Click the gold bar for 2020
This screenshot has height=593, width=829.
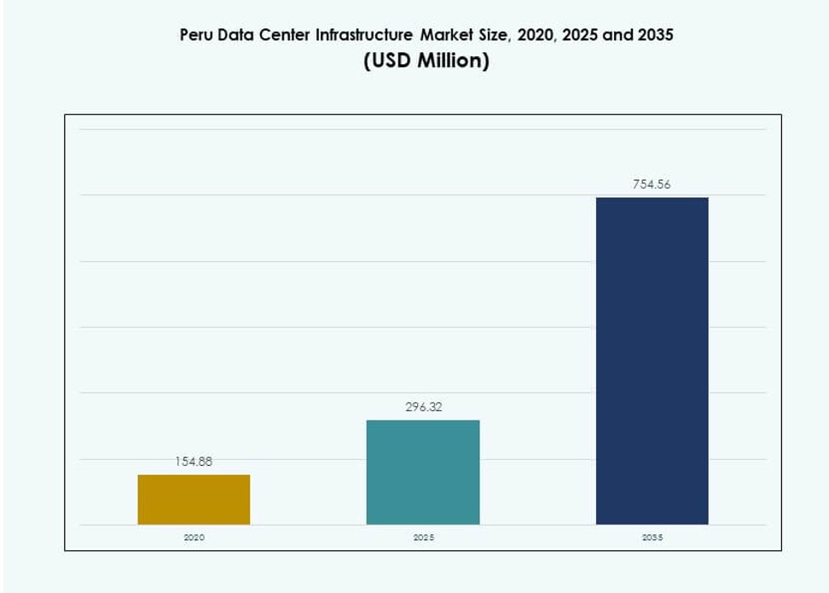click(x=194, y=499)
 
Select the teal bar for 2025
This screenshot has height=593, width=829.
click(x=423, y=472)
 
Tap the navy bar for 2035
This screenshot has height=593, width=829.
click(x=652, y=361)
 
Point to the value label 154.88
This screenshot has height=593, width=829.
click(x=194, y=462)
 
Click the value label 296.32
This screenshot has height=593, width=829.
click(x=423, y=407)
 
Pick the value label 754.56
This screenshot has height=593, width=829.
click(x=652, y=184)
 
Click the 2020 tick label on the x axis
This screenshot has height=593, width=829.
click(x=194, y=538)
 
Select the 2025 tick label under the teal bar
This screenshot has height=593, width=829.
click(x=423, y=538)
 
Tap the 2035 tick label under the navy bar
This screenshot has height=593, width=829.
click(x=652, y=538)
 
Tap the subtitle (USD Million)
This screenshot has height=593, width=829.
click(x=426, y=62)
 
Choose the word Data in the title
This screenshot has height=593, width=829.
click(x=235, y=36)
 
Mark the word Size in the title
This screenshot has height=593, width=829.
click(x=496, y=36)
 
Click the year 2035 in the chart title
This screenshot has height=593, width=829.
click(x=650, y=36)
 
